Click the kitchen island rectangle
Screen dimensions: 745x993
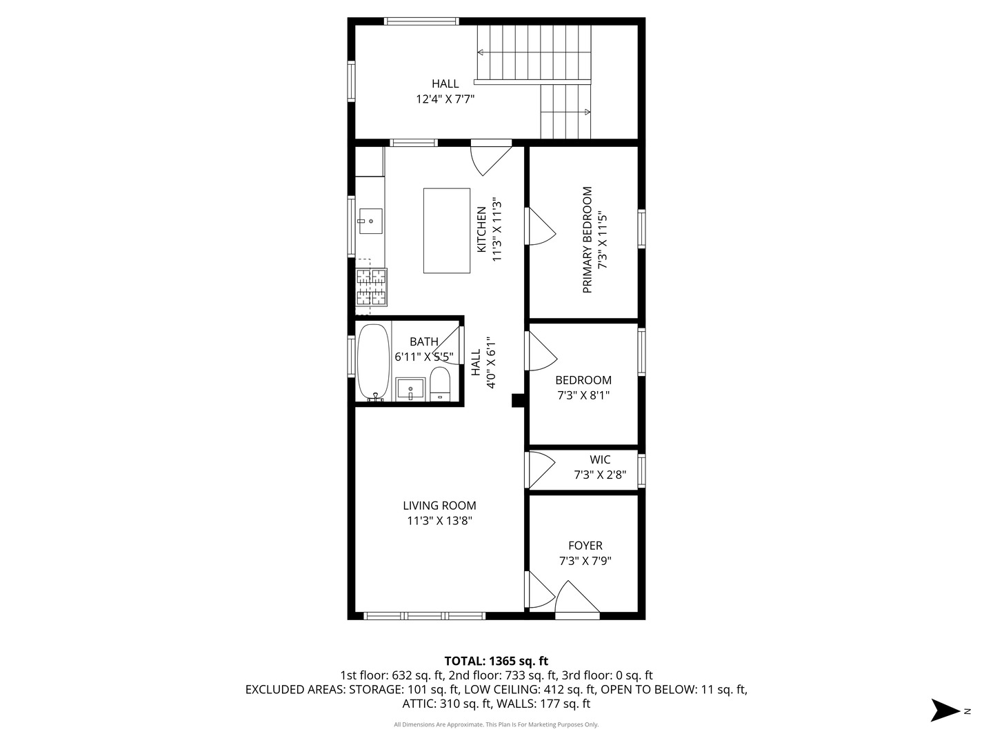pos(447,230)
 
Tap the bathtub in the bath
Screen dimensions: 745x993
pos(374,361)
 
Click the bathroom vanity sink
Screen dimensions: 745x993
pos(410,389)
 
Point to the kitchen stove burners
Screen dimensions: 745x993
pos(371,287)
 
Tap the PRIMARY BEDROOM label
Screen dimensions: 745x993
pos(588,240)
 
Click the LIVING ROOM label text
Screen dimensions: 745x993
pos(439,506)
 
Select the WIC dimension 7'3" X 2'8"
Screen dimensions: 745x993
pos(600,475)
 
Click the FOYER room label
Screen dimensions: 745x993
pos(585,546)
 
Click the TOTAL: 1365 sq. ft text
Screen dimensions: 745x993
pos(496,661)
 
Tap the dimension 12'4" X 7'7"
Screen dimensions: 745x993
pos(445,99)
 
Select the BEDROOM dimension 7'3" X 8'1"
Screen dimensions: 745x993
pos(583,396)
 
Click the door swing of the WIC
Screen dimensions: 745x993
pos(540,470)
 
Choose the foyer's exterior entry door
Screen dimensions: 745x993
pos(577,599)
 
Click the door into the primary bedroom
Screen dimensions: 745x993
pos(540,226)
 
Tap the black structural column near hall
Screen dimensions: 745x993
pos(518,401)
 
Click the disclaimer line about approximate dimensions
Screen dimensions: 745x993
pos(496,724)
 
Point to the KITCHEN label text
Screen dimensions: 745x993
pos(482,230)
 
